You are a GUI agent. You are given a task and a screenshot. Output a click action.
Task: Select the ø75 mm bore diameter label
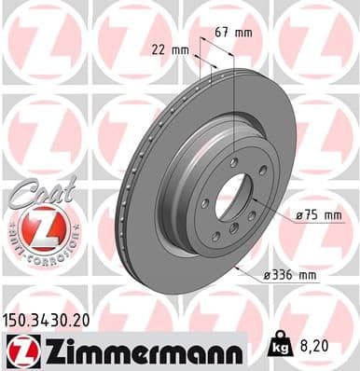coord(312,215)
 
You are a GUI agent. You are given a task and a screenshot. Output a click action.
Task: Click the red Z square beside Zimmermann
coord(19,349)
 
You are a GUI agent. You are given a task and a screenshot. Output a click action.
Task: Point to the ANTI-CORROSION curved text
coord(38,250)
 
